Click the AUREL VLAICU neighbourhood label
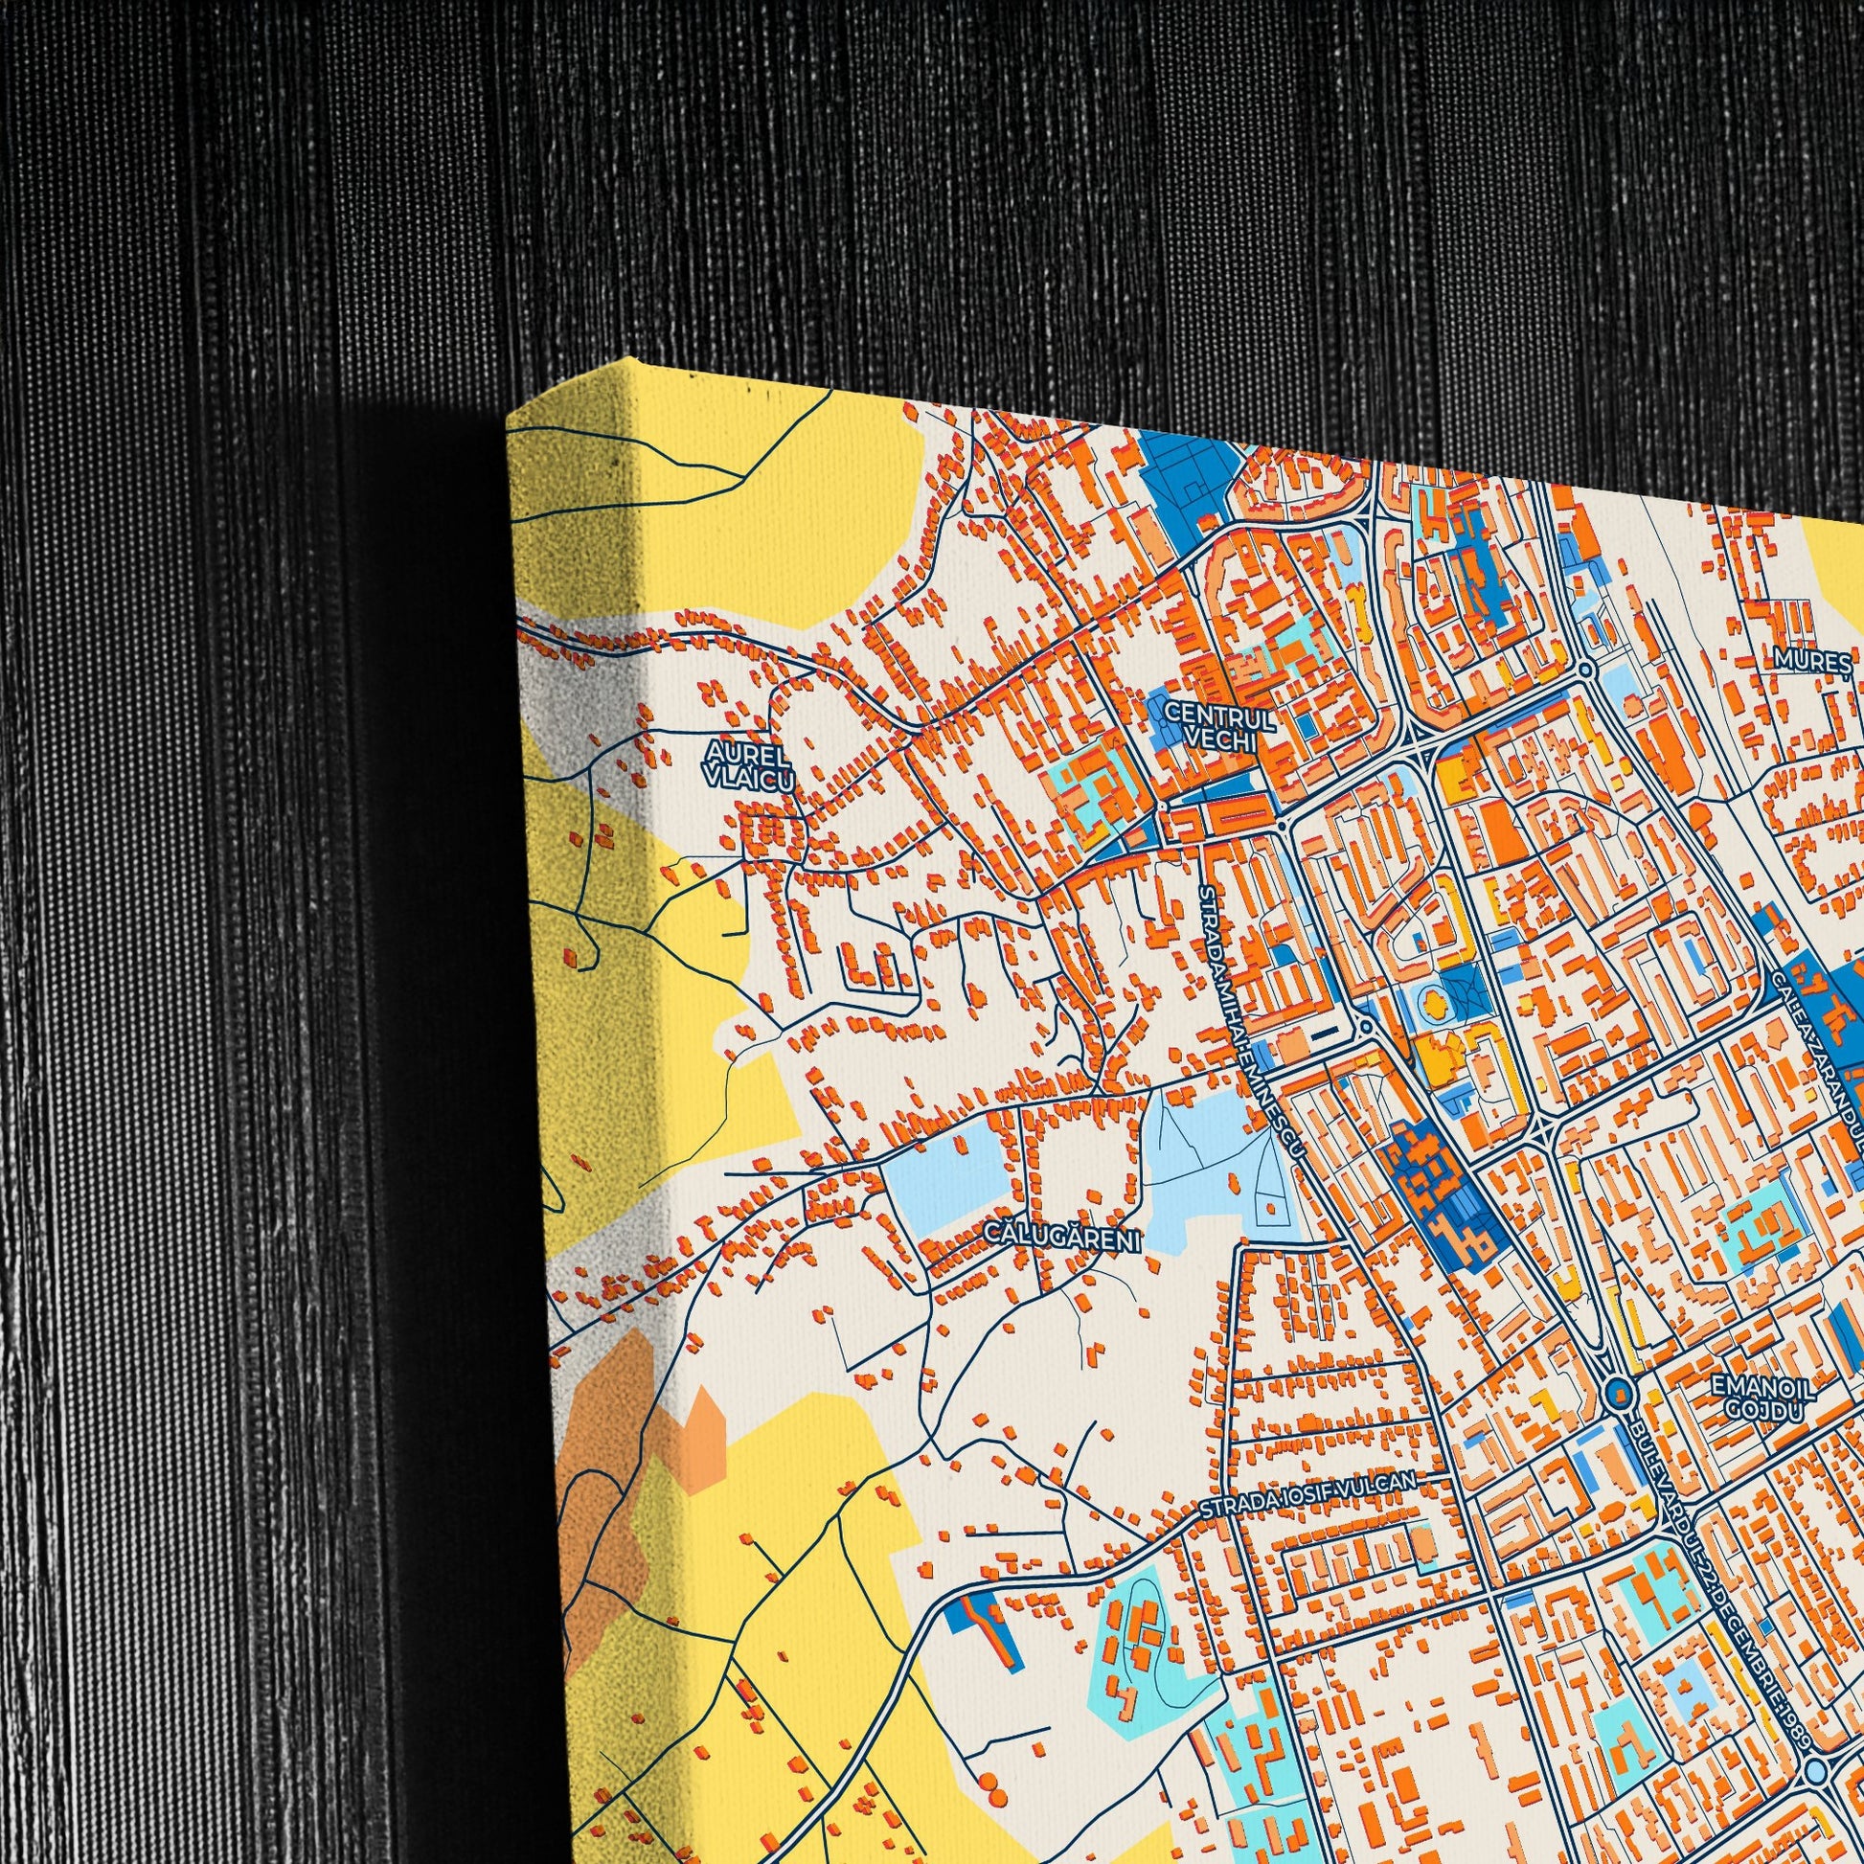748,764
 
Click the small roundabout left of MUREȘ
1585,669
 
